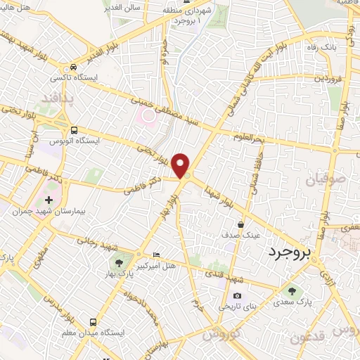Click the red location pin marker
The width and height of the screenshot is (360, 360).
pos(181,165)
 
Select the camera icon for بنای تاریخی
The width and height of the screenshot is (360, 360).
pos(236,295)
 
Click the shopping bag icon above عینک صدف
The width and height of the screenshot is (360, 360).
pos(241,225)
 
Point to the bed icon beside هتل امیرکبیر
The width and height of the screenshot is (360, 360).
pos(156,255)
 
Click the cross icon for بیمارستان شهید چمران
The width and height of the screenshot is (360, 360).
pos(49,200)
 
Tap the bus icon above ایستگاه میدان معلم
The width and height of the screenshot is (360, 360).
pos(93,321)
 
